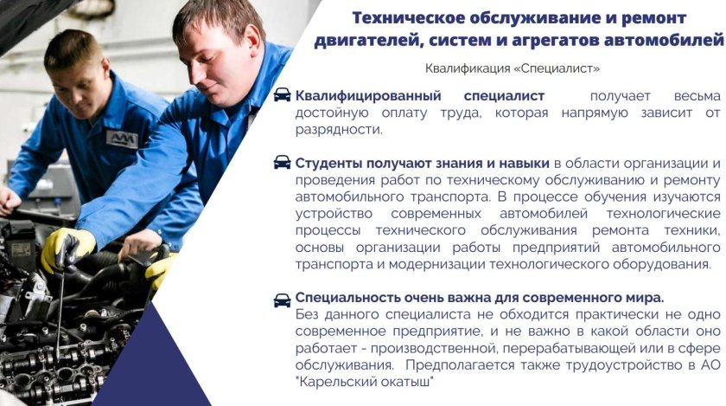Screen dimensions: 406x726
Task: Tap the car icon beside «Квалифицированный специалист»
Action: point(282,95)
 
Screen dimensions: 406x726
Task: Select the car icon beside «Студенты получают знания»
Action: point(282,163)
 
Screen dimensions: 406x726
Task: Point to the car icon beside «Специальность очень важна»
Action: point(282,300)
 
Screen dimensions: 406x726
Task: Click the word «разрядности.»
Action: point(338,129)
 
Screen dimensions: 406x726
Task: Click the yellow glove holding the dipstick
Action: point(67,247)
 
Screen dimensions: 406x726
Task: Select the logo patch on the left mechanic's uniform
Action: point(122,139)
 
